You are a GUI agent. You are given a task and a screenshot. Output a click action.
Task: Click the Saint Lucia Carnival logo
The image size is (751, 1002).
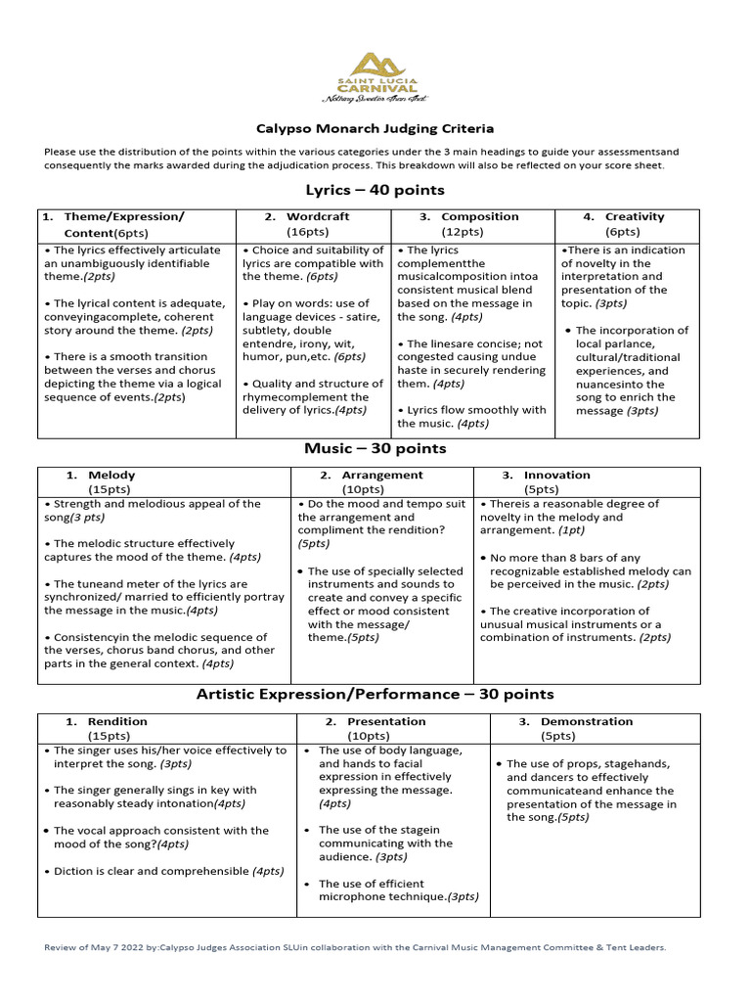[x=376, y=76]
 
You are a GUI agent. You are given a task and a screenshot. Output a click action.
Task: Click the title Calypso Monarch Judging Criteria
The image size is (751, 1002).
[x=375, y=128]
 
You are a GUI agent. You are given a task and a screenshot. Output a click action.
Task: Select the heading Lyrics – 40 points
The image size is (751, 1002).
[x=375, y=190]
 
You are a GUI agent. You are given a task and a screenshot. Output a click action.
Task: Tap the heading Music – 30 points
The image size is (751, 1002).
[x=375, y=448]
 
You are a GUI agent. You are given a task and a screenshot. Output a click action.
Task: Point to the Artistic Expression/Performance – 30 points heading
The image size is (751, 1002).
[x=375, y=694]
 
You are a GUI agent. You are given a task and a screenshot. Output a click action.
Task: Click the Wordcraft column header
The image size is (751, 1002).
[x=307, y=216]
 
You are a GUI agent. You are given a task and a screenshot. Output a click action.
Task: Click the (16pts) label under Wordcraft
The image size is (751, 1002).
[x=307, y=232]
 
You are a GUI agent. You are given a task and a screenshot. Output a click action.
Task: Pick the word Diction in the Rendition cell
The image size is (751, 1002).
[x=73, y=870]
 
